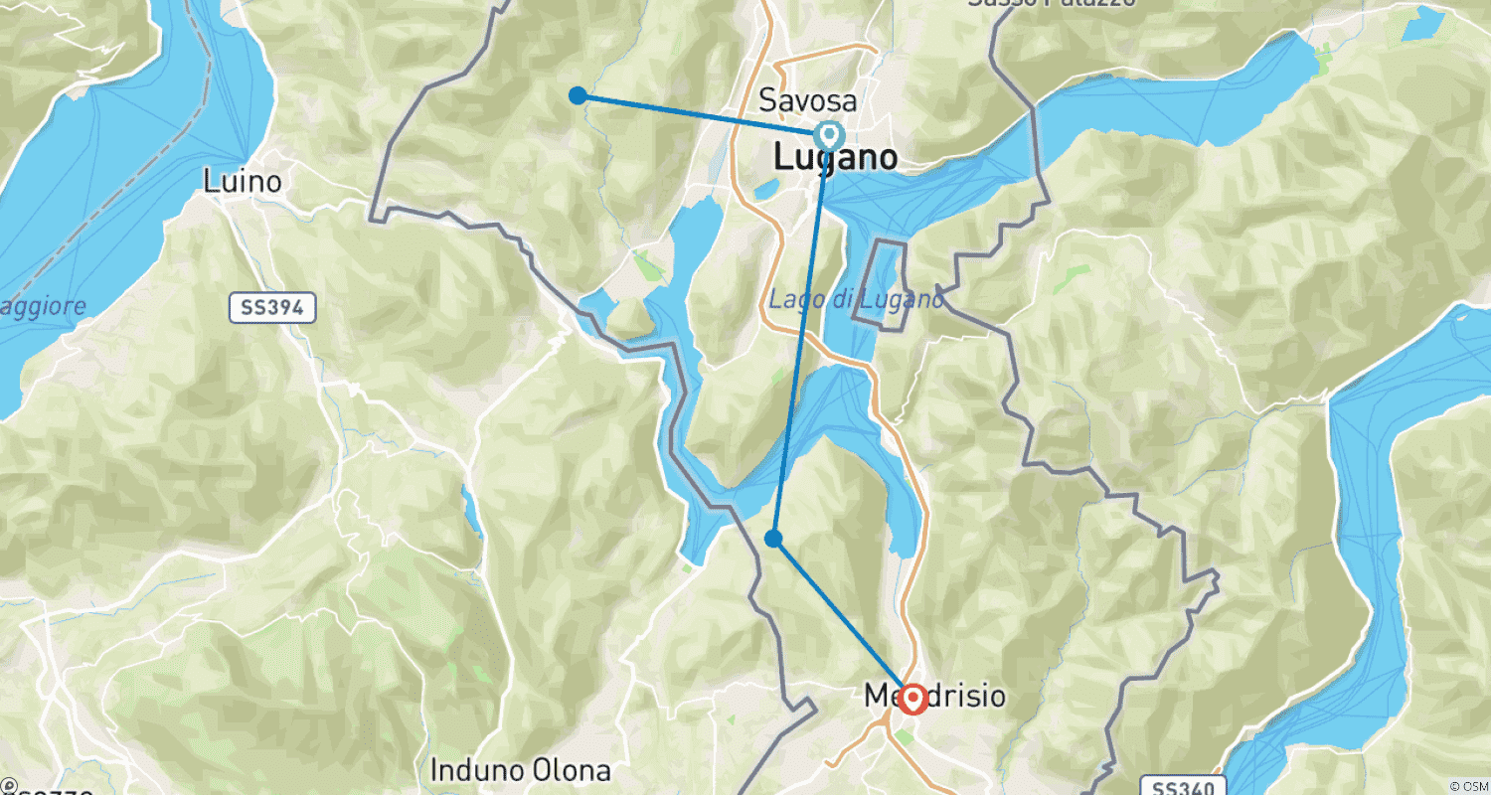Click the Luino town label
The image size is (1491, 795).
pyautogui.click(x=242, y=182)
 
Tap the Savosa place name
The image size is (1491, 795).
pyautogui.click(x=807, y=100)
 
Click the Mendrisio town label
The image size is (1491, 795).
pyautogui.click(x=934, y=697)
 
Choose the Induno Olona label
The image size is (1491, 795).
pyautogui.click(x=520, y=770)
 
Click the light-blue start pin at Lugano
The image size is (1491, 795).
pyautogui.click(x=827, y=133)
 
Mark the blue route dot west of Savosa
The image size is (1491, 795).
pyautogui.click(x=577, y=95)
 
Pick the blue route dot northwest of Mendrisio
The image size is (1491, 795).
pyautogui.click(x=773, y=539)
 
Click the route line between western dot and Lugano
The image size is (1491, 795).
pyautogui.click(x=696, y=113)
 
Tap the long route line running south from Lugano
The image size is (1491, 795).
pyautogui.click(x=801, y=338)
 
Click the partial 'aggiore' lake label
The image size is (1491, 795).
pyautogui.click(x=40, y=306)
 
